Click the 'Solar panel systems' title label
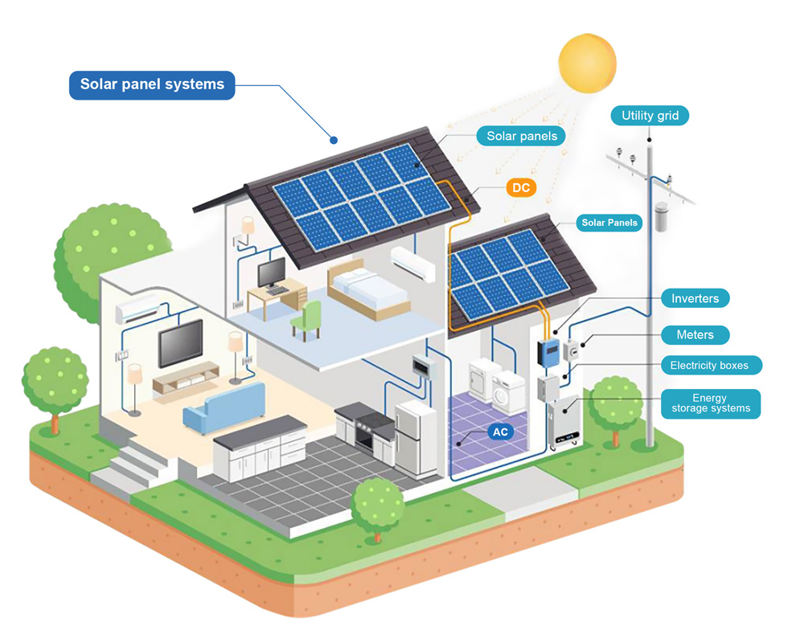coord(152,85)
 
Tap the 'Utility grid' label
coord(650,116)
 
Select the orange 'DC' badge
coord(521,187)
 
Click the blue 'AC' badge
coord(500,432)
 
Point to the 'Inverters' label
coord(695,298)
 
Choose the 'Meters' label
coord(695,334)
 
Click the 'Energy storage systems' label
coord(711,403)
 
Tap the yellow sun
coord(587,63)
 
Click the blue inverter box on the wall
coord(548,353)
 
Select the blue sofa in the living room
coord(225,408)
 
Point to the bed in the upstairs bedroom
coord(369,289)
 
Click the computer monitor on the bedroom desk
coord(272,273)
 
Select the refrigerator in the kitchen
coord(416,438)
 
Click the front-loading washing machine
coord(507,395)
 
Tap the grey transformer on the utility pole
coord(662,216)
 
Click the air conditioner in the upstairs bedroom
coord(412,264)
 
